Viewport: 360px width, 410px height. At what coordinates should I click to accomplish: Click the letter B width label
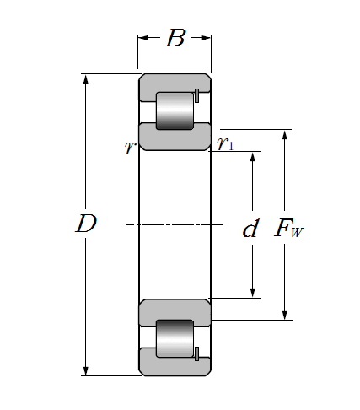click(x=175, y=38)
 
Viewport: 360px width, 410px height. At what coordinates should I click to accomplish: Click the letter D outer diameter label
click(x=86, y=224)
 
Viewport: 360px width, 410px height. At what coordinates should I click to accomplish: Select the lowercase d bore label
click(x=250, y=228)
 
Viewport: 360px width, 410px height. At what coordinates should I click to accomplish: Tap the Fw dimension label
click(x=288, y=228)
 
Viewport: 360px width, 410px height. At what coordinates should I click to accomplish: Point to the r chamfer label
click(x=130, y=147)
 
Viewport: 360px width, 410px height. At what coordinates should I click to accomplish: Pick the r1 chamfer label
click(x=225, y=143)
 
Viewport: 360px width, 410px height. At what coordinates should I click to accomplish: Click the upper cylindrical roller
click(x=175, y=111)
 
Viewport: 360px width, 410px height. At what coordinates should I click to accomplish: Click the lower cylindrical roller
click(x=175, y=338)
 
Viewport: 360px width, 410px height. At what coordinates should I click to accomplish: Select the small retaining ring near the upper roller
click(x=196, y=95)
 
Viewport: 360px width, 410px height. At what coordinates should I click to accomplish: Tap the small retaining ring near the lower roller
click(x=196, y=354)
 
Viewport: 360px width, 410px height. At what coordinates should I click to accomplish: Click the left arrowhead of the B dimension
click(x=142, y=38)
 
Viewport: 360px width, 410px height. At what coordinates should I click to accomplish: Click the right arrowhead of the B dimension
click(x=206, y=38)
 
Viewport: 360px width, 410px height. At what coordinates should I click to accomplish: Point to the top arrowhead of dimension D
click(x=86, y=79)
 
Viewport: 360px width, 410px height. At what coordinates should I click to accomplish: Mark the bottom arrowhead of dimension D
click(x=86, y=370)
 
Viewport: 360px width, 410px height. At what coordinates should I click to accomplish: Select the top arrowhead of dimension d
click(x=253, y=157)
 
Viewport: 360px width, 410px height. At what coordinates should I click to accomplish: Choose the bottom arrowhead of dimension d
click(x=253, y=293)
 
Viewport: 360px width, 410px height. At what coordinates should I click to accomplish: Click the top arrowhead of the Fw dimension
click(x=285, y=135)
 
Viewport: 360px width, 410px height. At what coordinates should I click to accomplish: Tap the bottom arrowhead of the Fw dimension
click(x=285, y=315)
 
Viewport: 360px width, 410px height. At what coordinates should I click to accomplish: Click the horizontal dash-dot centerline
click(x=175, y=224)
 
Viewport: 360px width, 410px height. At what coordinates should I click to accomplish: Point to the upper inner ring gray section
click(x=175, y=137)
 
